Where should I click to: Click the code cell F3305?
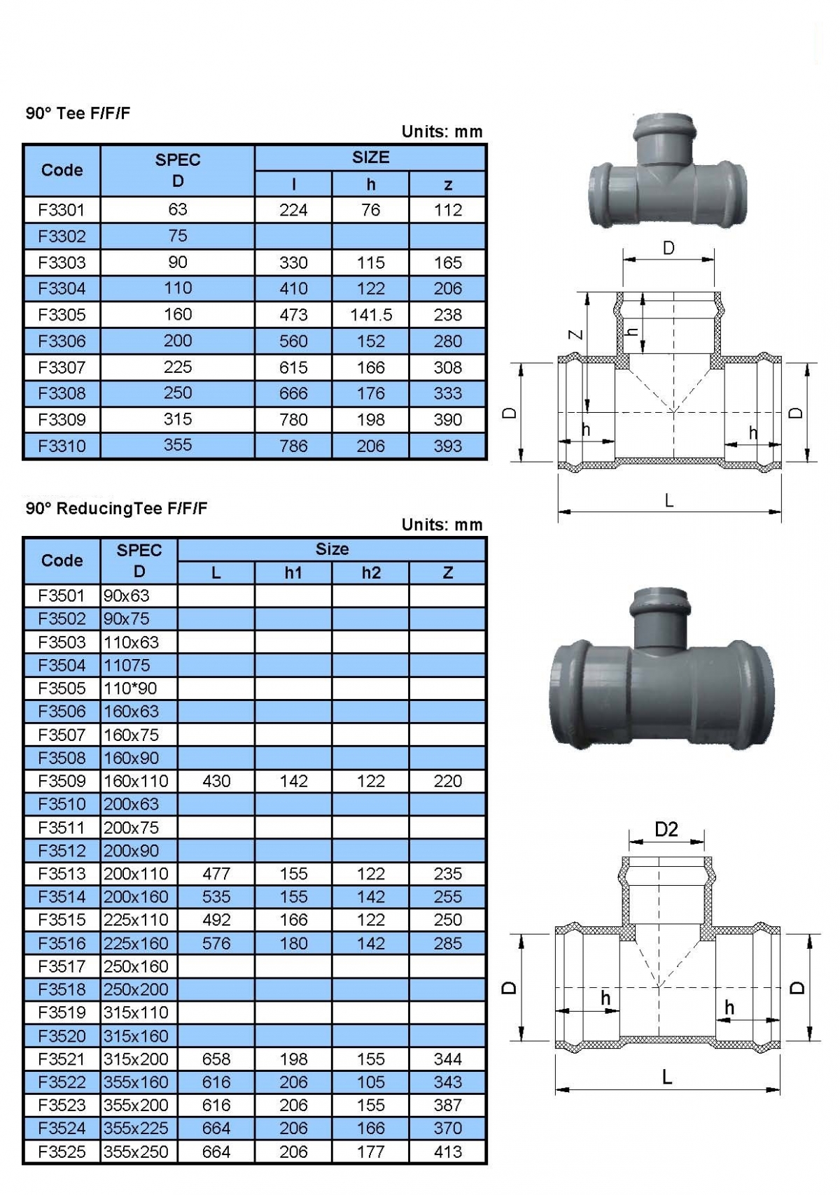(x=62, y=315)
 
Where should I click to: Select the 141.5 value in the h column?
(x=370, y=315)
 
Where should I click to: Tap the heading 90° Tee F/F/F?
(x=78, y=113)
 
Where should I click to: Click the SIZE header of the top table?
(x=370, y=157)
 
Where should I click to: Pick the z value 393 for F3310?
(x=447, y=446)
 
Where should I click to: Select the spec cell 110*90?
(x=130, y=688)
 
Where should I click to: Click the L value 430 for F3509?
(x=216, y=781)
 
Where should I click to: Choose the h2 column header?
(x=370, y=573)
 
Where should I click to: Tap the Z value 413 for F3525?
(x=447, y=1152)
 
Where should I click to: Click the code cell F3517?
(x=62, y=966)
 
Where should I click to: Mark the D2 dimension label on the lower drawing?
(x=666, y=830)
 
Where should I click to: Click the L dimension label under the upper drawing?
(x=669, y=501)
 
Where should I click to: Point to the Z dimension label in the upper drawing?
(x=575, y=334)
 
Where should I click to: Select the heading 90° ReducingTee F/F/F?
(x=116, y=509)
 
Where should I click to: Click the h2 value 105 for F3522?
(x=370, y=1082)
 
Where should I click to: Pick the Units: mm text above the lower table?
(x=442, y=525)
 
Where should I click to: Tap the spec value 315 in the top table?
(x=178, y=419)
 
